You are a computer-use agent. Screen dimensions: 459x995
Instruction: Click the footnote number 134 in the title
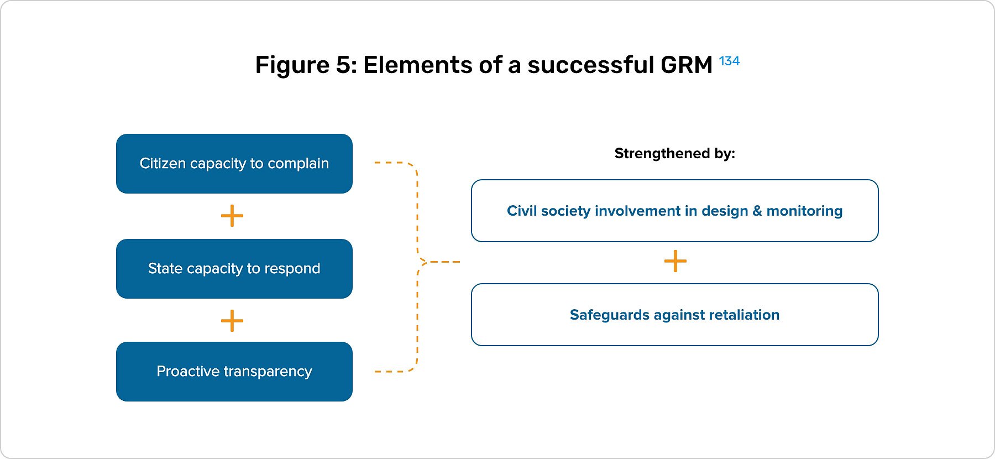[x=729, y=61]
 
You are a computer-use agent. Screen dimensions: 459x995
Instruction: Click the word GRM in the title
[x=686, y=65]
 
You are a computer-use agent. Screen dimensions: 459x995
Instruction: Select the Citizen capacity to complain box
[x=234, y=164]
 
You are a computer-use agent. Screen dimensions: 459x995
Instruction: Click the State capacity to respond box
[x=234, y=269]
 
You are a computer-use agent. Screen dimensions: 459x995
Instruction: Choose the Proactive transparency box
[x=234, y=372]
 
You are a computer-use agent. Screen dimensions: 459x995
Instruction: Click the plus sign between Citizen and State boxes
[x=232, y=216]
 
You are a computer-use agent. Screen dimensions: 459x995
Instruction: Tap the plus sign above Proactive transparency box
[x=232, y=321]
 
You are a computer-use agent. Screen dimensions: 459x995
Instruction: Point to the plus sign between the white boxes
[x=675, y=261]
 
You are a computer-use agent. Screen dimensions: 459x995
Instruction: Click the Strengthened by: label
[x=674, y=153]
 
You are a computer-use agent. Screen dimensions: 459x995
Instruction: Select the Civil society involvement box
[x=674, y=211]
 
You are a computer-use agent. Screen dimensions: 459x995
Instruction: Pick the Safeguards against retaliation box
[x=674, y=315]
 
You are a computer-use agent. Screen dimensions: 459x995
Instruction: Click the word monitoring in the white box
[x=804, y=211]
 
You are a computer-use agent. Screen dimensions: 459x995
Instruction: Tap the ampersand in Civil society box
[x=757, y=211]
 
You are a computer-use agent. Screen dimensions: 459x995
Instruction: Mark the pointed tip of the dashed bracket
[x=422, y=262]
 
